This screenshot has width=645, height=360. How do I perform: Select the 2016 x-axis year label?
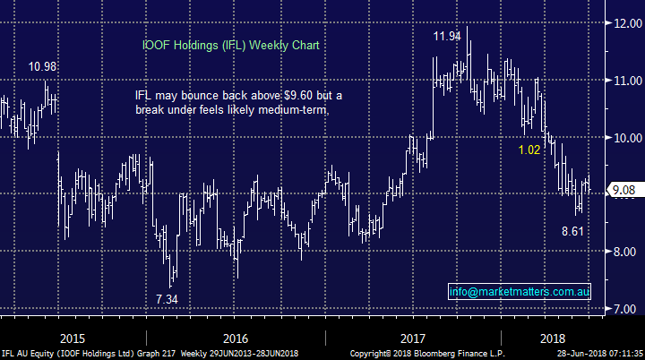(234, 338)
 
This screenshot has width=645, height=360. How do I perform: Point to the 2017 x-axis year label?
(413, 338)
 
